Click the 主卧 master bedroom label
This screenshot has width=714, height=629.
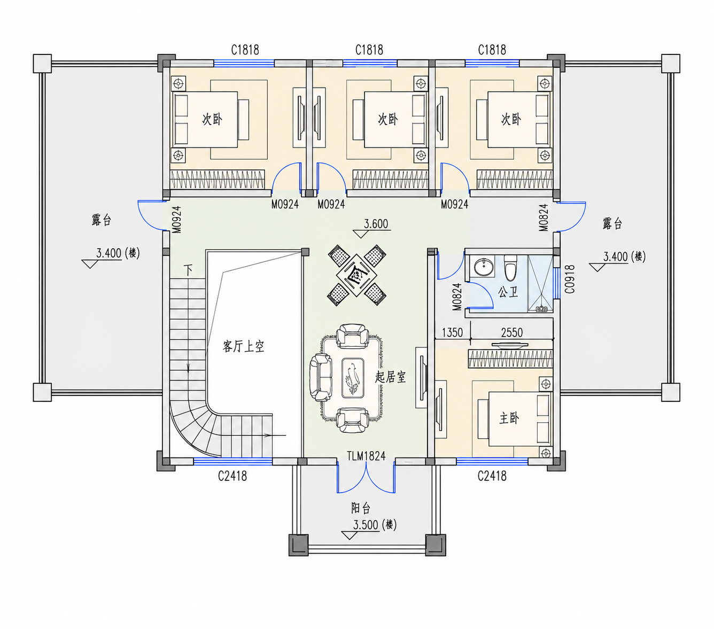509,418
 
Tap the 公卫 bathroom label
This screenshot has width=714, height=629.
508,291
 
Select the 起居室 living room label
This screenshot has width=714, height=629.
390,377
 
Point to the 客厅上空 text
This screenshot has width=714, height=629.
243,346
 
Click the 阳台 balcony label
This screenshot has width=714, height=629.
361,508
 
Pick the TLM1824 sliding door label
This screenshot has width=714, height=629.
366,456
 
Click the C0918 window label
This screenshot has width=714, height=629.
570,279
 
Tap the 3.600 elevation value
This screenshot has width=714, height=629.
376,224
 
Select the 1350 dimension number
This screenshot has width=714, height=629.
452,332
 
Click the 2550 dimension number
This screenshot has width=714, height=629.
511,332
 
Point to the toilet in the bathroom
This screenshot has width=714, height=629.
510,267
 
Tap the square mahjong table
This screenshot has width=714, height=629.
356,275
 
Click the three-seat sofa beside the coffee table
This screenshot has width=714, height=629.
320,377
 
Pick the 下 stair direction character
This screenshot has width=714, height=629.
189,270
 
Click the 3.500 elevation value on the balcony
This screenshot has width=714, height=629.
365,525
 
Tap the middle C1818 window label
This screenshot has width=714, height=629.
369,50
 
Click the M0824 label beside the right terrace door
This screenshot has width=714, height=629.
544,218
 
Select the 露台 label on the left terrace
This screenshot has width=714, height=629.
102,220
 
